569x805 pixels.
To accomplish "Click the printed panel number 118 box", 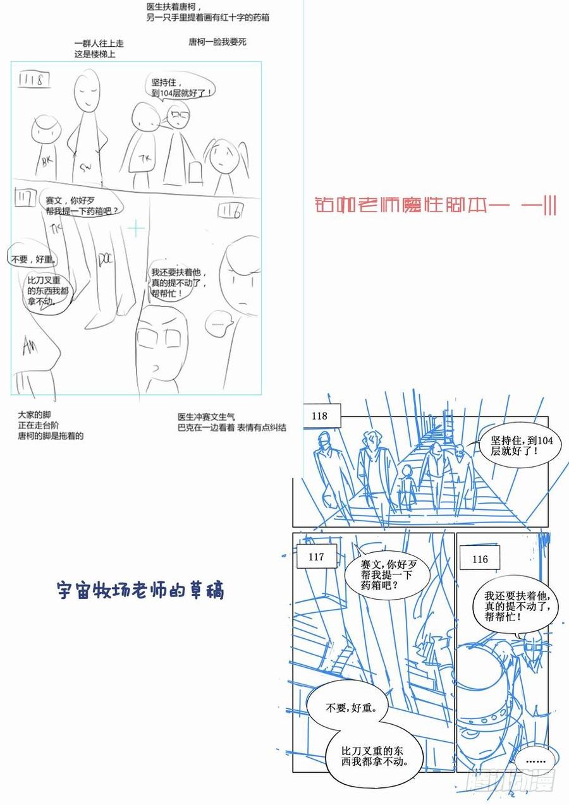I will [320, 416].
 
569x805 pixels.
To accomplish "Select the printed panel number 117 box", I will [316, 557].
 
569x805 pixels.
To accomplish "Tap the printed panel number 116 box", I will [480, 559].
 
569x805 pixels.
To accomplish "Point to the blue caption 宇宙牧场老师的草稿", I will [140, 591].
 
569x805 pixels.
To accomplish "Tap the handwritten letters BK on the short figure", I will [46, 161].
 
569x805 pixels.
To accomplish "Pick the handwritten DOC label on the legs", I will [105, 259].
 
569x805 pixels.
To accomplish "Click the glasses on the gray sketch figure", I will [178, 115].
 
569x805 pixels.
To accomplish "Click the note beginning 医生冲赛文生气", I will [231, 422].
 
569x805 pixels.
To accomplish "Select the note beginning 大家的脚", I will [51, 425].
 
